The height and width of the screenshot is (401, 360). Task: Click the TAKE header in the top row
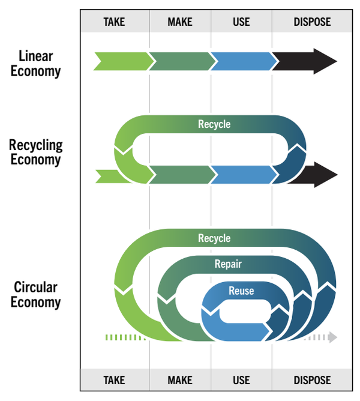point(115,22)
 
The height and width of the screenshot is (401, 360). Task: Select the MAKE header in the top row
point(180,22)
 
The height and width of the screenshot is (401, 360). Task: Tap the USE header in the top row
point(241,22)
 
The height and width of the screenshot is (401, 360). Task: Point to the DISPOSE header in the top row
point(312,22)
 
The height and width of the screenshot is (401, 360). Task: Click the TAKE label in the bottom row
point(115,380)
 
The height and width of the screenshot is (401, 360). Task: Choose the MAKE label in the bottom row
point(180,380)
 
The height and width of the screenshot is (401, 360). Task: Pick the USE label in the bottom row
point(241,380)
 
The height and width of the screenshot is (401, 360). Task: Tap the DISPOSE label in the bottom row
point(312,380)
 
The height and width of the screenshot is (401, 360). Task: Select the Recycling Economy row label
point(35,152)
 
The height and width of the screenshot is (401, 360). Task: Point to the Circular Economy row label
point(35,294)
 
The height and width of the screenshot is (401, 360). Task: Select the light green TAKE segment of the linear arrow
point(120,61)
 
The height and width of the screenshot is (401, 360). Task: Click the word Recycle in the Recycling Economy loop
point(214,125)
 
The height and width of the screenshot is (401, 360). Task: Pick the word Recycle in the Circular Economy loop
point(214,238)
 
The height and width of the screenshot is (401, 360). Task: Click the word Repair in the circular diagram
point(228,264)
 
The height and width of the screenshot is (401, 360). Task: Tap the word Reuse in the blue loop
point(241,291)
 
